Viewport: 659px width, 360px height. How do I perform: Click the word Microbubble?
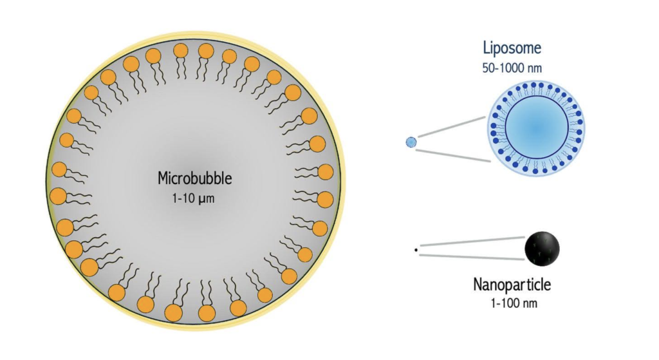click(196, 178)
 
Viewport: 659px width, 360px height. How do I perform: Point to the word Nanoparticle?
click(512, 285)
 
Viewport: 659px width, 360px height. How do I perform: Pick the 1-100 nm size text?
click(512, 301)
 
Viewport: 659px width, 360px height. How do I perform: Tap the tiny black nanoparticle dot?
click(416, 249)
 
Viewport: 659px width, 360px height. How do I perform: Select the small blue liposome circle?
click(411, 142)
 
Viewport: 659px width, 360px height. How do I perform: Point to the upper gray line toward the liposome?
click(450, 128)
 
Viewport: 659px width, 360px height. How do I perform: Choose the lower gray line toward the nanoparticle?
click(473, 257)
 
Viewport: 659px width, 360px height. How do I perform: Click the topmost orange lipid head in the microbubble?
click(207, 51)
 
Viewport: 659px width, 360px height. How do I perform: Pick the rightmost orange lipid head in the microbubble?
click(326, 200)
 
